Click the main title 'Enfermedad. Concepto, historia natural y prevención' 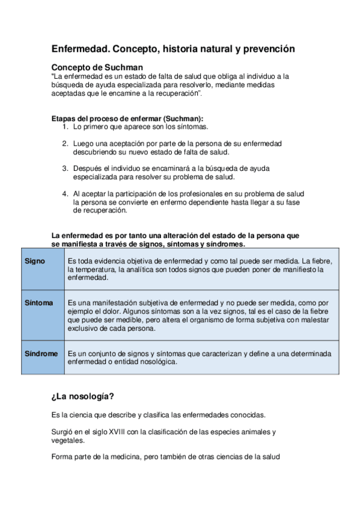(x=173, y=49)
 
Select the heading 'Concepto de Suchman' (x=97, y=67)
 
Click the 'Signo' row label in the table (x=34, y=261)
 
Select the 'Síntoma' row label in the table (x=38, y=303)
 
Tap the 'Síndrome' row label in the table (x=41, y=354)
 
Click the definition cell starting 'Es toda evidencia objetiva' (x=199, y=269)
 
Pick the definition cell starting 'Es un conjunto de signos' (x=199, y=358)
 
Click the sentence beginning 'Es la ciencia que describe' (x=158, y=415)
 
